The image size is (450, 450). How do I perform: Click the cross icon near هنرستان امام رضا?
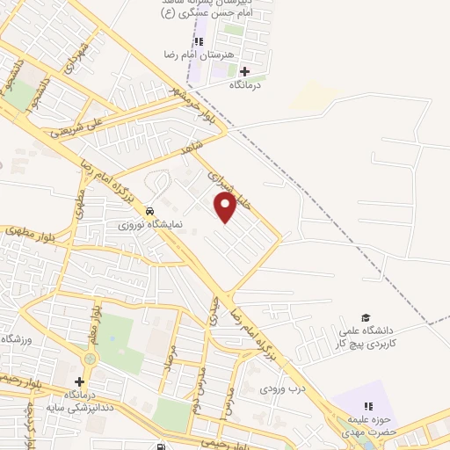[244, 70]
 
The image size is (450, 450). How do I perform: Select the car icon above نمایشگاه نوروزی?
[150, 212]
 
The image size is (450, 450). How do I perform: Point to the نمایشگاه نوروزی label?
[151, 224]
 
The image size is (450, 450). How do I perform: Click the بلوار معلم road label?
[98, 325]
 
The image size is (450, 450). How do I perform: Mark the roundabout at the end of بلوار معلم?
[90, 360]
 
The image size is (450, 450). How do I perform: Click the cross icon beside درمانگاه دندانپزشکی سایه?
[80, 381]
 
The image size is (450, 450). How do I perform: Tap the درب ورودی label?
[282, 388]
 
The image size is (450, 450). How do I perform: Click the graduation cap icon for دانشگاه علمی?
[366, 318]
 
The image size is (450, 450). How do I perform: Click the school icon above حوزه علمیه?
[368, 405]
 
